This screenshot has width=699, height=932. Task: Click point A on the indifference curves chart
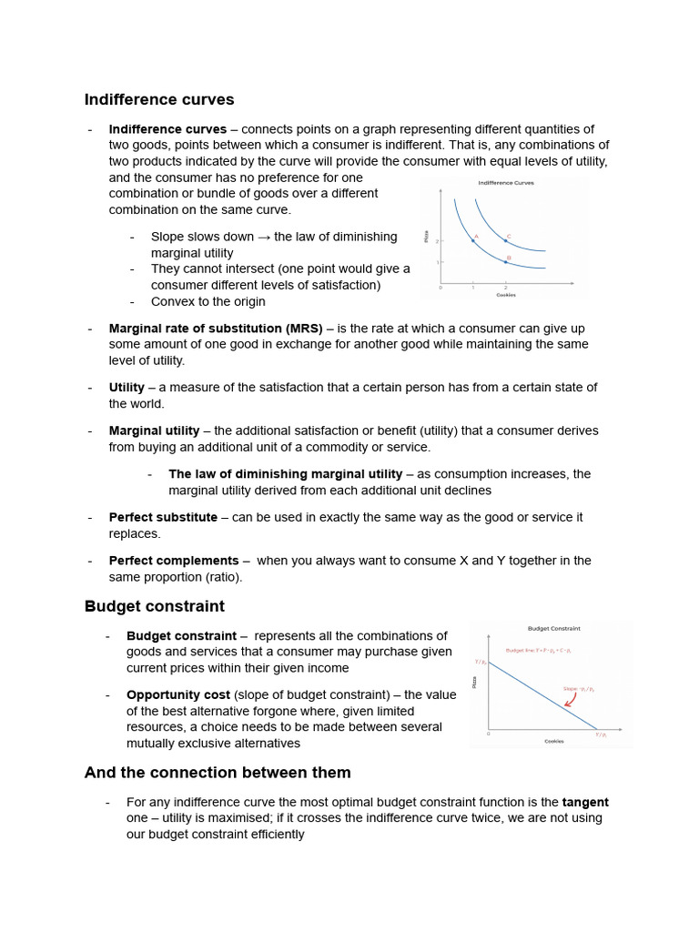click(x=472, y=240)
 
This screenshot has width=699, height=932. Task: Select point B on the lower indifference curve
click(x=505, y=262)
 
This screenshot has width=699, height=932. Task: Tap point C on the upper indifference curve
click(x=505, y=240)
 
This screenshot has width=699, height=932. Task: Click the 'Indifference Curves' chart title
click(x=506, y=183)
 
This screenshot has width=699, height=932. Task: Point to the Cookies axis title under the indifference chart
click(x=505, y=295)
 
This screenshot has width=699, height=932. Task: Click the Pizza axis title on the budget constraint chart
click(x=474, y=681)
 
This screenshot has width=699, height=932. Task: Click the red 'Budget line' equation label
click(x=538, y=651)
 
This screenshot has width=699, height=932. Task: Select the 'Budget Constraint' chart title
click(x=553, y=628)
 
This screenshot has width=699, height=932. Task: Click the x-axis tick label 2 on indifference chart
click(x=505, y=288)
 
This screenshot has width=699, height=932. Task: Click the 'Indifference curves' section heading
click(x=159, y=100)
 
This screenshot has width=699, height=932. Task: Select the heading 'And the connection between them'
click(x=218, y=773)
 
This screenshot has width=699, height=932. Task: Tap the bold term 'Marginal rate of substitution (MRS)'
click(x=216, y=329)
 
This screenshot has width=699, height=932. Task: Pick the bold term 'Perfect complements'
click(x=174, y=561)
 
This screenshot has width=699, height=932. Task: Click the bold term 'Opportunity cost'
click(x=177, y=695)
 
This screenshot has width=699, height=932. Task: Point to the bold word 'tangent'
click(x=585, y=803)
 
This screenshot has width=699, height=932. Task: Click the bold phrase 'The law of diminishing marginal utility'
click(x=285, y=474)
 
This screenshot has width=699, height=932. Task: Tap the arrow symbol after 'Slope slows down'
click(x=264, y=237)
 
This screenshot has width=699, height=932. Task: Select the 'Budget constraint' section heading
click(x=155, y=606)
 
